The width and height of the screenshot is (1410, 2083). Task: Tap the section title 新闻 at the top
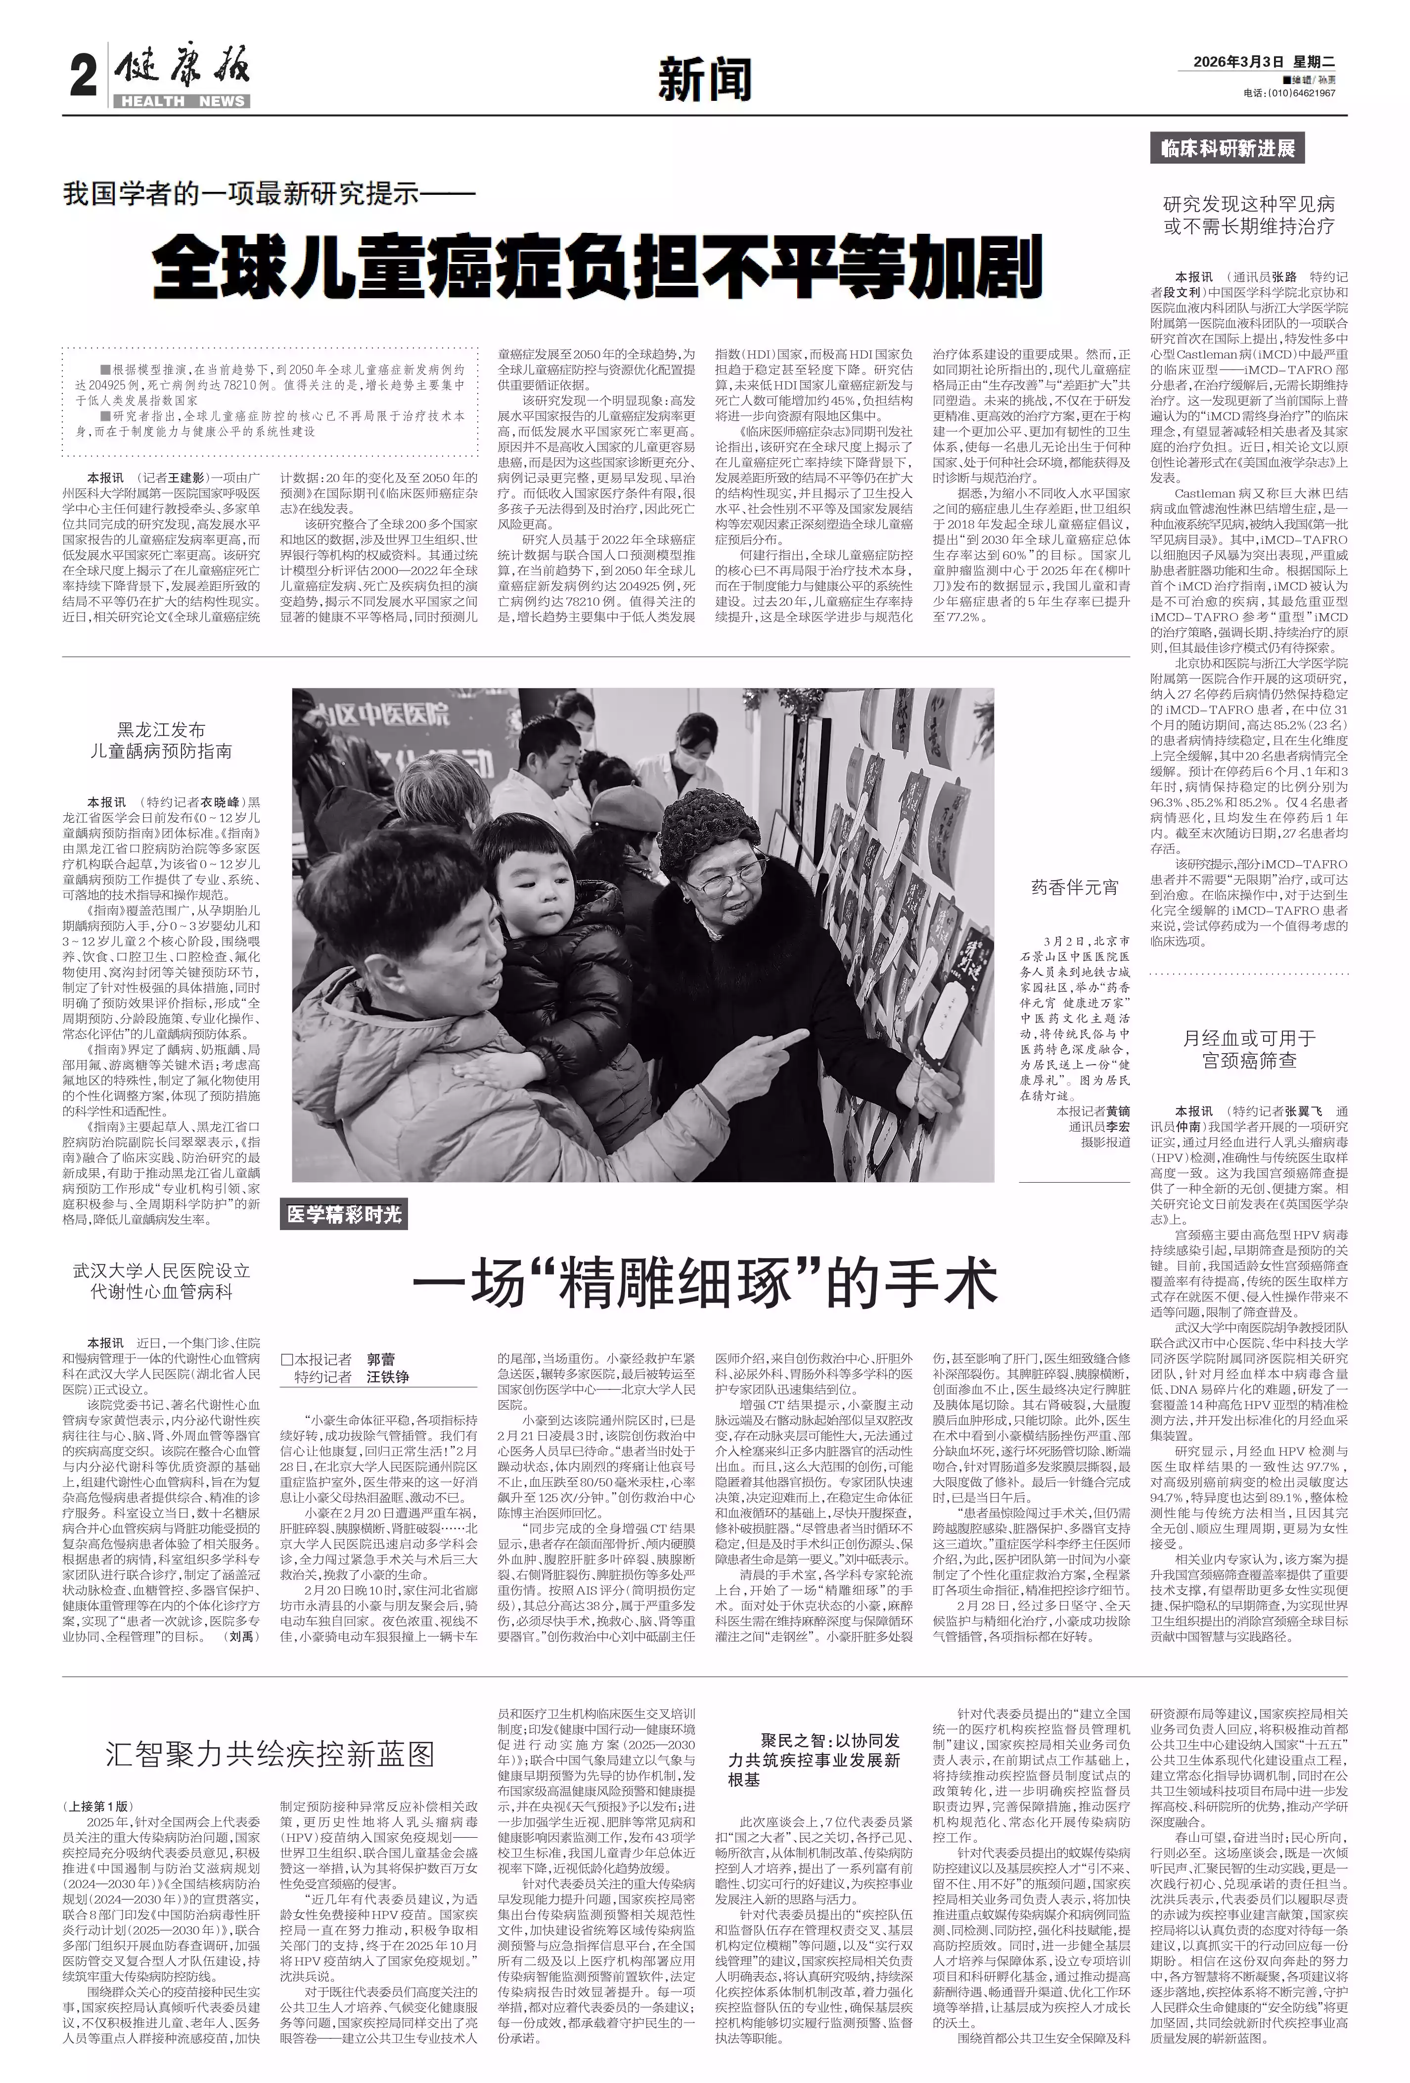coord(705,79)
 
